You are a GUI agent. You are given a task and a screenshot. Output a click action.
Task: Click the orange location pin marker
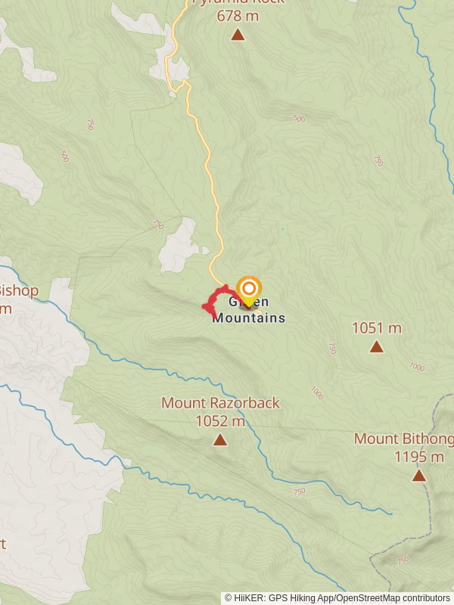tap(249, 290)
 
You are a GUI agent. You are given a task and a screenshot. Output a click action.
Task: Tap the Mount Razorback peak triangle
tap(220, 439)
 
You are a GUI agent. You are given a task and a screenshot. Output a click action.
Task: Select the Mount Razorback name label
tap(220, 403)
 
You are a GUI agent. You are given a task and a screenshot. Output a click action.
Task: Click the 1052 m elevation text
tap(220, 420)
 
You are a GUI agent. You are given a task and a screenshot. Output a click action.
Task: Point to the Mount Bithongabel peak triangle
tap(418, 475)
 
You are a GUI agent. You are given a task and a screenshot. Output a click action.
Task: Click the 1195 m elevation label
tap(418, 457)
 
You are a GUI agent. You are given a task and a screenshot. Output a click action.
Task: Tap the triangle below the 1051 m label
tap(376, 346)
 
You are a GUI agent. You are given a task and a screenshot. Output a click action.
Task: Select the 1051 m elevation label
tap(376, 328)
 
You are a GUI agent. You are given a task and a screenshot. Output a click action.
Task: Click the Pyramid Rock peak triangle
tap(238, 34)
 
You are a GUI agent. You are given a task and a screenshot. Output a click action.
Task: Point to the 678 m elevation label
tap(238, 15)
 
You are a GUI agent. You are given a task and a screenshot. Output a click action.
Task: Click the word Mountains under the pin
tap(249, 318)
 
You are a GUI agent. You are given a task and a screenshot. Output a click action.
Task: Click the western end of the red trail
tap(205, 306)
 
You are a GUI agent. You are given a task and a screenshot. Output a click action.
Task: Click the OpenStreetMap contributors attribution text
tap(393, 597)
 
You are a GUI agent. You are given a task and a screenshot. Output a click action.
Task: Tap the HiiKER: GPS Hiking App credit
tap(281, 597)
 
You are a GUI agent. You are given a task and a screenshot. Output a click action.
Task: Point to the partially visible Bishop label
tap(19, 290)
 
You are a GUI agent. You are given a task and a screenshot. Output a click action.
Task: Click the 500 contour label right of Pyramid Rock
tap(299, 119)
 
